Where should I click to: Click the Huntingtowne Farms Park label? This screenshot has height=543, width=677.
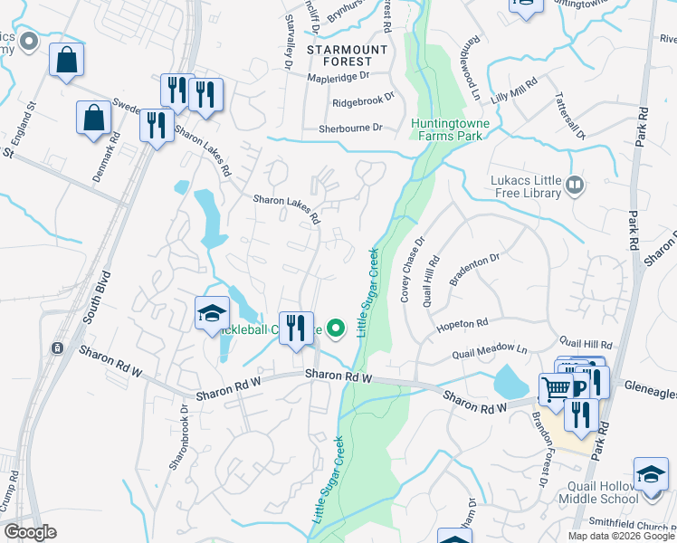click(446, 129)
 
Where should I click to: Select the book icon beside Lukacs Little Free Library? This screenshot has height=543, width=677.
click(575, 186)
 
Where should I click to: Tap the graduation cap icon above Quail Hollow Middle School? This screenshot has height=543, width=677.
click(650, 475)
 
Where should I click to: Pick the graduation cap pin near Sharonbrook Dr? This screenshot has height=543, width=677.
click(211, 314)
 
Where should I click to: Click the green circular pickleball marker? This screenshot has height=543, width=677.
click(336, 329)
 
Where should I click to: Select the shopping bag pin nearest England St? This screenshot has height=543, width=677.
click(66, 61)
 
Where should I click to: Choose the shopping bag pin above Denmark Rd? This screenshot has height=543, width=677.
click(93, 118)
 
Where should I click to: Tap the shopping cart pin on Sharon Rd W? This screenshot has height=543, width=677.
click(557, 389)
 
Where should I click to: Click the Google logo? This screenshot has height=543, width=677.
click(30, 532)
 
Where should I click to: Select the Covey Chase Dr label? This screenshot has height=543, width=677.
click(412, 269)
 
